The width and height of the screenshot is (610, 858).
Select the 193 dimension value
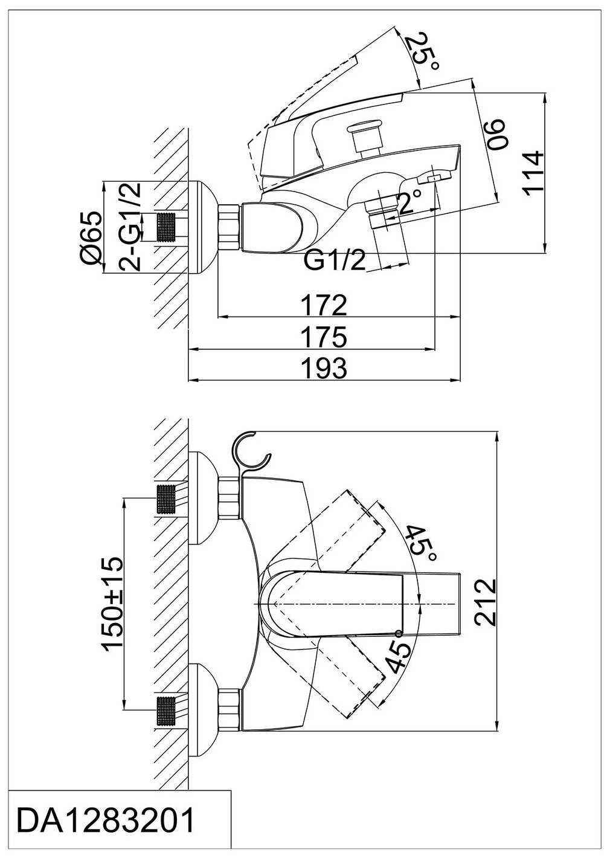325,368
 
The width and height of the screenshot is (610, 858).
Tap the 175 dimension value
325,337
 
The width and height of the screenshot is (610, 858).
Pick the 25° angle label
420,51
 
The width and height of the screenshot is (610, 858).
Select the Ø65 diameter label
91,237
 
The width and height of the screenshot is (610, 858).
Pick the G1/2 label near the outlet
335,261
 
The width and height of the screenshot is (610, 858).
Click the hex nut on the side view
230,227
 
